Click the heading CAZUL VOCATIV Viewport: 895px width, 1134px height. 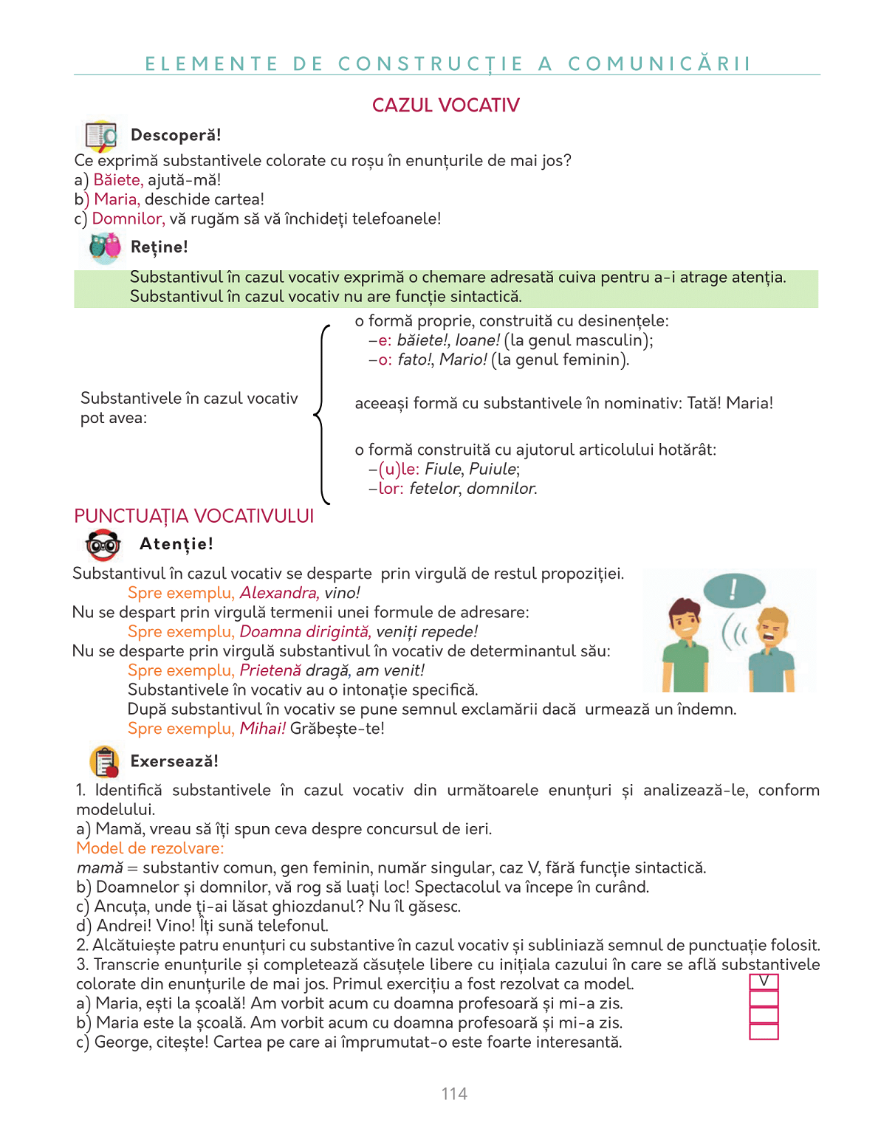(x=445, y=106)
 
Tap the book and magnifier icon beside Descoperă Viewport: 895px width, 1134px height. (x=101, y=136)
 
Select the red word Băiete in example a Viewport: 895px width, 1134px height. (x=117, y=180)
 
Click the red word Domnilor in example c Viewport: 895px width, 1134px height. (x=128, y=219)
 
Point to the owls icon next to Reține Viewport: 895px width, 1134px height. (x=104, y=248)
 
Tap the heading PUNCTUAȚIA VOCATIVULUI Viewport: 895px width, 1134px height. (x=194, y=516)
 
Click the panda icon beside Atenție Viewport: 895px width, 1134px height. (x=103, y=545)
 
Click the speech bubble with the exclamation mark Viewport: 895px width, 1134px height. (x=733, y=590)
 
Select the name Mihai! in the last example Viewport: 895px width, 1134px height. (x=262, y=729)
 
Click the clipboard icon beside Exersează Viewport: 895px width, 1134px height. (x=105, y=761)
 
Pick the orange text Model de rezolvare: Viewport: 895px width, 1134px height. (x=150, y=848)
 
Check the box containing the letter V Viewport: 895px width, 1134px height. (x=764, y=982)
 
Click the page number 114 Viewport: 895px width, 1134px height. (x=454, y=1094)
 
